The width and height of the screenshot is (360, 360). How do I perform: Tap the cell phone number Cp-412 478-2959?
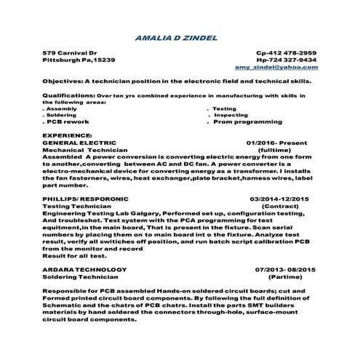tap(287, 52)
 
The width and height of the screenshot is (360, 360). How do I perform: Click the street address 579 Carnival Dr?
tap(69, 52)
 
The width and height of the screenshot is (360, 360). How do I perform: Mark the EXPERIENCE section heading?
tap(68, 135)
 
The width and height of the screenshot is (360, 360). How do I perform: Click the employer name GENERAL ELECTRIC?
tap(74, 143)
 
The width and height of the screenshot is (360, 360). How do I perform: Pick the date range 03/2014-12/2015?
tap(279, 198)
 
